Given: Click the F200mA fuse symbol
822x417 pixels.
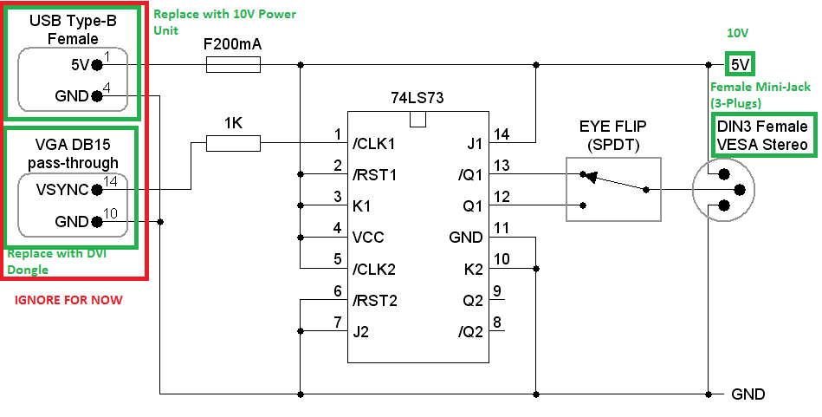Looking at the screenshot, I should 233,64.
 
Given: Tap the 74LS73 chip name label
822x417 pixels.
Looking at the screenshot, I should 417,98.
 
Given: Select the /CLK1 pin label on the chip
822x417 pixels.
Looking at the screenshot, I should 374,143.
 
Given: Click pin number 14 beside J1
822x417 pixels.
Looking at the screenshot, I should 502,134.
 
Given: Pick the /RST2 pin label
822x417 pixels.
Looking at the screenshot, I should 374,300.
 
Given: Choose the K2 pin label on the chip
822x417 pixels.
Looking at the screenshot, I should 472,269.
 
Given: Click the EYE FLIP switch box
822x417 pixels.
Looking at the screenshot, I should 613,189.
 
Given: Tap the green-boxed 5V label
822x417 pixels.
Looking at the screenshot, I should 740,64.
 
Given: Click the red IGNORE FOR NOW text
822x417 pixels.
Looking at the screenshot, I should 69,300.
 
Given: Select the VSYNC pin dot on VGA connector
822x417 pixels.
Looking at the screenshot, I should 96,190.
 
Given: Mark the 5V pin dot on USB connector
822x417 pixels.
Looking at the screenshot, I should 96,64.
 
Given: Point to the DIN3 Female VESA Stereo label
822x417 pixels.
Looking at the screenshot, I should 763,135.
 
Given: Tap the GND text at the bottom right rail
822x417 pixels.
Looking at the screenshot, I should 748,394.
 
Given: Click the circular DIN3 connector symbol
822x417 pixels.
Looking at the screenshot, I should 722,190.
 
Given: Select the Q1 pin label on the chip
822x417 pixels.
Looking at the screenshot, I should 473,206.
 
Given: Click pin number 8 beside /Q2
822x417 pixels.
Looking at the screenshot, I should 497,323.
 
